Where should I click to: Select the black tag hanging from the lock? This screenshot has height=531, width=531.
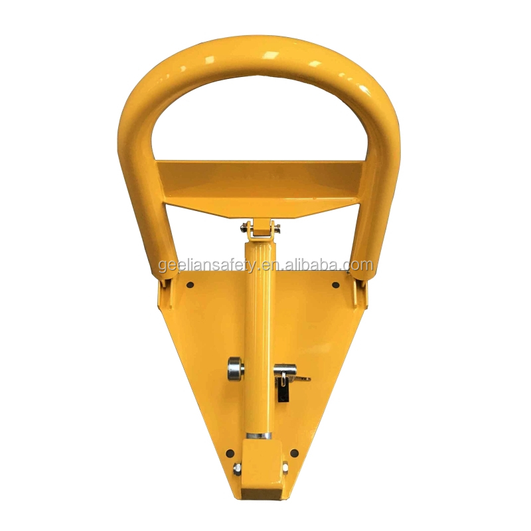(283, 394)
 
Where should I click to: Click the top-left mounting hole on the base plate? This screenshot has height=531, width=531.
(190, 285)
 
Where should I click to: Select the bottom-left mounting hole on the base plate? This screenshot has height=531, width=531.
(231, 453)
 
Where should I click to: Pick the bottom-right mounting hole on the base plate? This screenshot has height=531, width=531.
(294, 452)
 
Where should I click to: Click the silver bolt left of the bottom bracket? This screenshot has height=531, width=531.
(236, 469)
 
